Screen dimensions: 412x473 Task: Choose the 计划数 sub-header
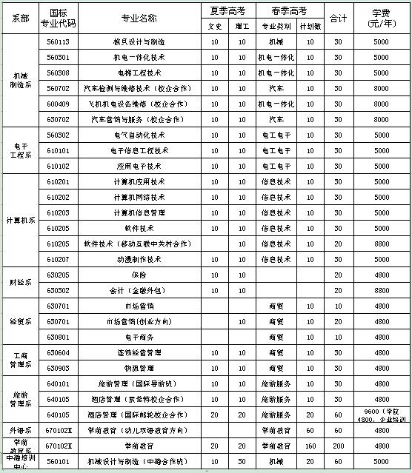click(310, 24)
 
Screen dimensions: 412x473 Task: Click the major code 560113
click(57, 41)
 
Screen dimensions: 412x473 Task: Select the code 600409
click(57, 104)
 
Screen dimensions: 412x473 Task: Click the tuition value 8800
click(382, 244)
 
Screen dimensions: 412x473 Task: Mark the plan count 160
click(310, 446)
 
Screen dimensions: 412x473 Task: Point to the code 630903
click(57, 368)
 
